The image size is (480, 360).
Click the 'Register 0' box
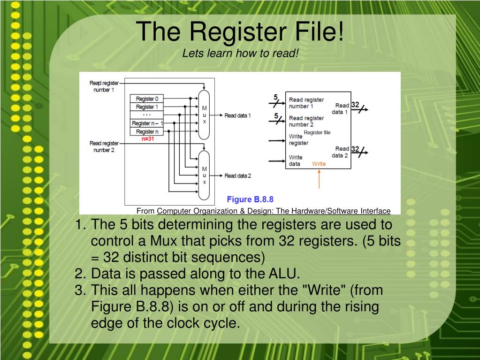147,99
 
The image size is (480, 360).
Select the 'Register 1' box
147,107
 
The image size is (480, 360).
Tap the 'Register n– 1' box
147,123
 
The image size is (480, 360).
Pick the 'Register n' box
147,131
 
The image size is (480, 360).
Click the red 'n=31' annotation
147,139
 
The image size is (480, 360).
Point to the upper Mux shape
204,115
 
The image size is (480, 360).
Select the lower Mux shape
204,175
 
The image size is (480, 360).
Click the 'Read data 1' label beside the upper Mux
237,115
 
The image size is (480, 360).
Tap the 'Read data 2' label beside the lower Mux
237,176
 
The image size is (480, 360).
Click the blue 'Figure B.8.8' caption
250,199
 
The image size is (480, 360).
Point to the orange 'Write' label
319,164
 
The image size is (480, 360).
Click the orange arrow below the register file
319,179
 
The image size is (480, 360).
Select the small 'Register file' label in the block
317,132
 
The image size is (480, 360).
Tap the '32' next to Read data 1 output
355,105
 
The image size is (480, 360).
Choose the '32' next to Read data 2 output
355,149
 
